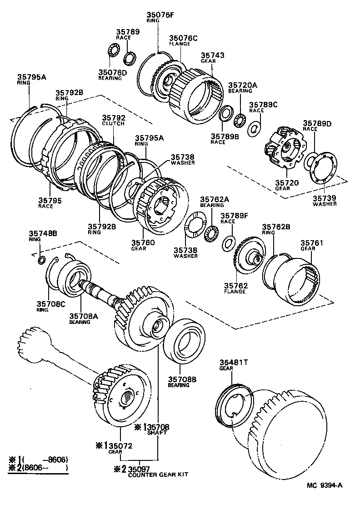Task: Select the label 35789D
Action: coord(317,123)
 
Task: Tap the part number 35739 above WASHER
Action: coord(325,198)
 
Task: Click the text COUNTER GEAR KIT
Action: coord(158,475)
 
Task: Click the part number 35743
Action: coord(213,55)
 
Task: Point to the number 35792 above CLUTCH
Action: coord(114,117)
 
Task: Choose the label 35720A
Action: coord(242,85)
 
